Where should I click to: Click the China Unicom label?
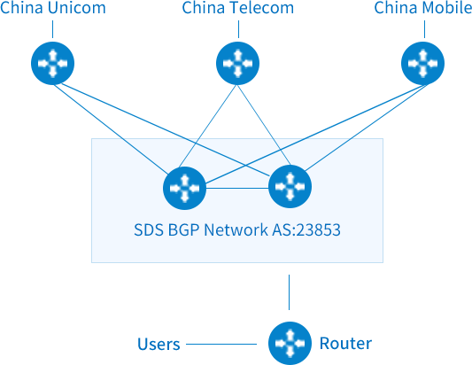pyautogui.click(x=53, y=7)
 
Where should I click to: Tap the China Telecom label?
pyautogui.click(x=238, y=7)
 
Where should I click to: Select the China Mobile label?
pyautogui.click(x=423, y=7)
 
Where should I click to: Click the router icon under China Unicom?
pyautogui.click(x=52, y=63)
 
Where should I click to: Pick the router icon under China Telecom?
pyautogui.click(x=238, y=63)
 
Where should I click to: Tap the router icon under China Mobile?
pyautogui.click(x=423, y=63)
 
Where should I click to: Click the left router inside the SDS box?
pyautogui.click(x=184, y=188)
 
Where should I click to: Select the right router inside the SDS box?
pyautogui.click(x=290, y=186)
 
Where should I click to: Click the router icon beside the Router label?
pyautogui.click(x=290, y=344)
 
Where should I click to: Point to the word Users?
pyautogui.click(x=159, y=344)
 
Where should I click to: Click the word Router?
pyautogui.click(x=345, y=344)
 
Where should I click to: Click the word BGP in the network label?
pyautogui.click(x=183, y=229)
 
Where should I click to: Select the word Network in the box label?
pyautogui.click(x=236, y=229)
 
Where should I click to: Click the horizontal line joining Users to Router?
pyautogui.click(x=221, y=344)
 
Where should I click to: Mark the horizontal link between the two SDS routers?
pyautogui.click(x=237, y=188)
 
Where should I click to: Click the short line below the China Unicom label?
pyautogui.click(x=52, y=29)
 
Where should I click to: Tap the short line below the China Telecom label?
pyautogui.click(x=238, y=29)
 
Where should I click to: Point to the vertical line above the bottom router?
pyautogui.click(x=289, y=292)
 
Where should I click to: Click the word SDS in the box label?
pyautogui.click(x=149, y=229)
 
